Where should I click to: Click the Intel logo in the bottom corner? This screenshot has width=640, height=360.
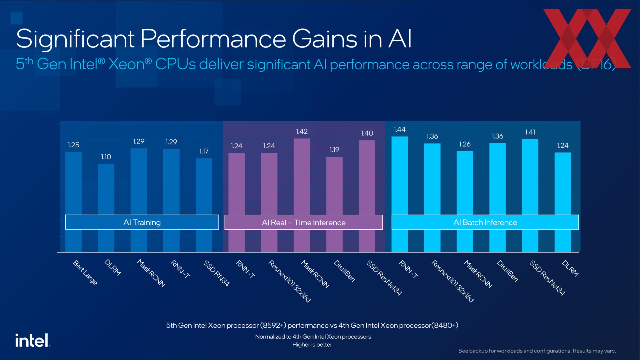[32, 341]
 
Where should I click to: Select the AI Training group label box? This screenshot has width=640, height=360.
[142, 222]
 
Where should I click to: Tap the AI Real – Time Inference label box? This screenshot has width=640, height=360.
[303, 223]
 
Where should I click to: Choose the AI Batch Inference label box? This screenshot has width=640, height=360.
[485, 222]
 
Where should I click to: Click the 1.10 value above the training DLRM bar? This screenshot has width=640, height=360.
[106, 157]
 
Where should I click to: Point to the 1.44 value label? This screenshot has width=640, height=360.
[399, 129]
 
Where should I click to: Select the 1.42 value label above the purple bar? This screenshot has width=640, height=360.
[302, 132]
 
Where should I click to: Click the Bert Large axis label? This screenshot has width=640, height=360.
[85, 273]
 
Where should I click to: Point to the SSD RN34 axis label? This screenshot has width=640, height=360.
[217, 273]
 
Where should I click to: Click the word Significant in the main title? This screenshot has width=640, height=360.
[75, 39]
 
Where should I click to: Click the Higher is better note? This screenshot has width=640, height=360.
[312, 345]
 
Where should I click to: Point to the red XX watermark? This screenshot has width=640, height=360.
[587, 38]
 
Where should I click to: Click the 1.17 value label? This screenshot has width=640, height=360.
[204, 151]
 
